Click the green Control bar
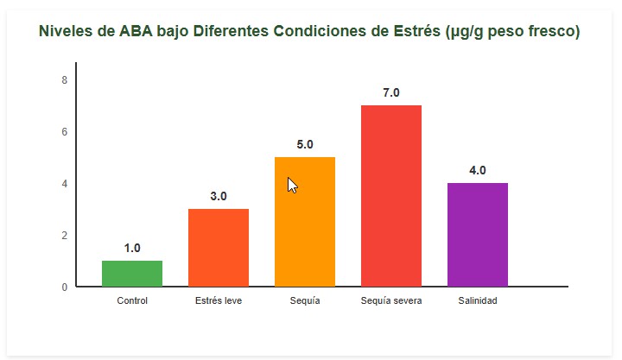click(132, 273)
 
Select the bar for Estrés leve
click(219, 248)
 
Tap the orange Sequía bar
click(305, 222)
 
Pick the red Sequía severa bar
click(391, 196)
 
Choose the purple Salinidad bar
click(478, 235)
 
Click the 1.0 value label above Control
click(132, 249)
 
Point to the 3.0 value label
click(219, 197)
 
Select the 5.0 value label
click(305, 145)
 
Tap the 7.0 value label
click(391, 93)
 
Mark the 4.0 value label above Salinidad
click(478, 171)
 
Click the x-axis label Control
click(132, 300)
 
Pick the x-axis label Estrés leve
click(219, 300)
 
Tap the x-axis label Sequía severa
click(391, 300)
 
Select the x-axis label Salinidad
click(478, 300)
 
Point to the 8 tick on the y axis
click(64, 80)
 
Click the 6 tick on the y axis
click(64, 132)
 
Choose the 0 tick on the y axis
click(64, 287)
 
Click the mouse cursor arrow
click(292, 185)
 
